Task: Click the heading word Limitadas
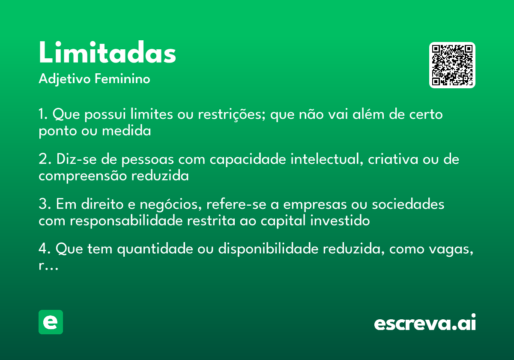(x=107, y=54)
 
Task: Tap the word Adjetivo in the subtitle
(x=64, y=79)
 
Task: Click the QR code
(x=452, y=65)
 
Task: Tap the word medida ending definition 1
(x=126, y=131)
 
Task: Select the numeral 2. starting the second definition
(x=44, y=159)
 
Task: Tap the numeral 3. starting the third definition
(x=44, y=204)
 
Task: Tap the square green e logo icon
(x=51, y=322)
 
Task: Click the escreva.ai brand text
(x=424, y=323)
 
